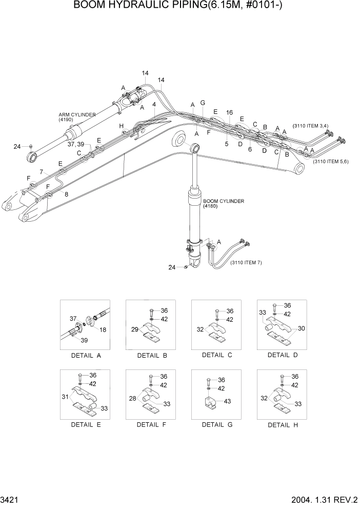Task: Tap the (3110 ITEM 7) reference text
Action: pyautogui.click(x=246, y=263)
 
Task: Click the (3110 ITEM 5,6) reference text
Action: pyautogui.click(x=330, y=162)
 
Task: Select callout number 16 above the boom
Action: pyautogui.click(x=229, y=112)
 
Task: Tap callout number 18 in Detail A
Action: pyautogui.click(x=103, y=330)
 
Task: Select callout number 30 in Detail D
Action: pyautogui.click(x=302, y=328)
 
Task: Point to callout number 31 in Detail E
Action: pyautogui.click(x=65, y=397)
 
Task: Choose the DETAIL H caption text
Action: pyautogui.click(x=283, y=425)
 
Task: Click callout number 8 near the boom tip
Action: pyautogui.click(x=66, y=193)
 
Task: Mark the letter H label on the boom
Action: pyautogui.click(x=122, y=126)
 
